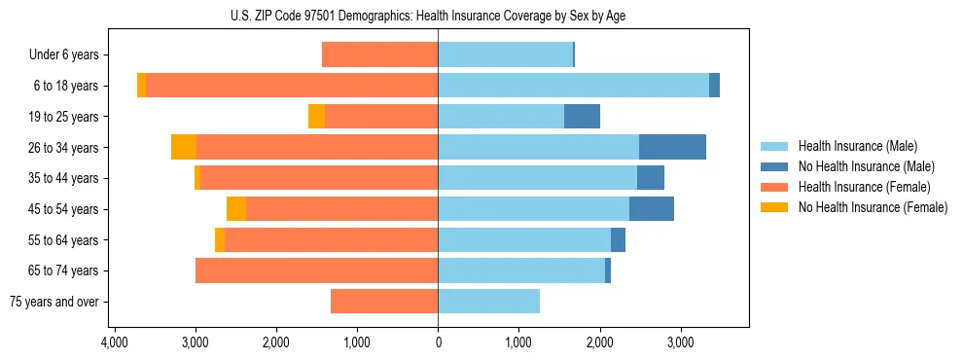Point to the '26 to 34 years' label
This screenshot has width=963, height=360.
point(66,148)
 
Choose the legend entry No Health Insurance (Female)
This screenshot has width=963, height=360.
point(873,207)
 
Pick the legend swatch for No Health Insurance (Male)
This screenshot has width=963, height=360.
point(775,166)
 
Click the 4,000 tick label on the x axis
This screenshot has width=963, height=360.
point(115,342)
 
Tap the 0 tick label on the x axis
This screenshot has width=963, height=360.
point(438,342)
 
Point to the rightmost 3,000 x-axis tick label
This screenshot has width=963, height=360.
point(680,342)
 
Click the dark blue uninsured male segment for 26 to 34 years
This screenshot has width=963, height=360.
point(672,147)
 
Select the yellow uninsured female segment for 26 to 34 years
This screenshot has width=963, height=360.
point(184,147)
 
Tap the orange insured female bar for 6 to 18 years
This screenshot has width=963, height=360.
point(292,86)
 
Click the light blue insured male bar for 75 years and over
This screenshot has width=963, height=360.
point(488,302)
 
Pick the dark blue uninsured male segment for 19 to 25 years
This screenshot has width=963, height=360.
point(582,117)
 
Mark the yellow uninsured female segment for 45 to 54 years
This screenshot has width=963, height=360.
point(236,209)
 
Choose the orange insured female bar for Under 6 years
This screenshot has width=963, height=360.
point(379,55)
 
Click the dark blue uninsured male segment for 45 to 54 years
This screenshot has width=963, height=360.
point(652,209)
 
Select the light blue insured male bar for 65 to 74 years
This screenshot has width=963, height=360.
point(521,270)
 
